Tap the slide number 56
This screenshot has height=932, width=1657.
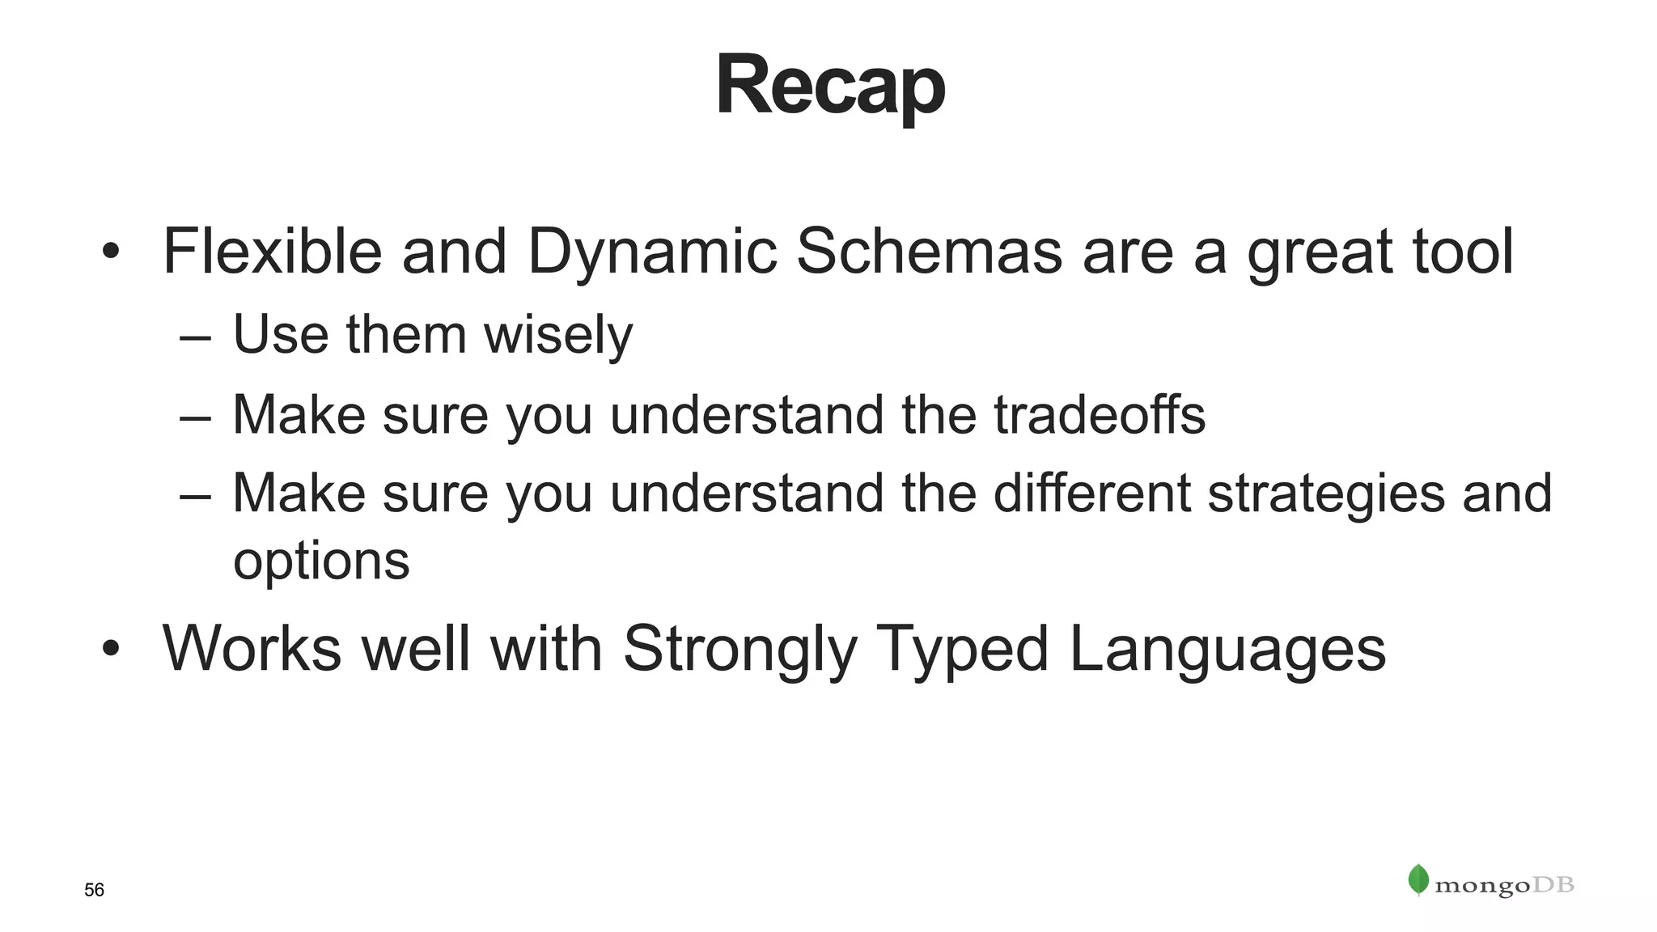point(94,890)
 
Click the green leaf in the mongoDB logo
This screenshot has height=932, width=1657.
point(1418,879)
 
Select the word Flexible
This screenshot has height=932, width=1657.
point(272,251)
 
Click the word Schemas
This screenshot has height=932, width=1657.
point(929,251)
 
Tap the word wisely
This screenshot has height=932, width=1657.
point(558,334)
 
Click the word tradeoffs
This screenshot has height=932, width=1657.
point(1099,414)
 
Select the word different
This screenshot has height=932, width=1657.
point(1091,493)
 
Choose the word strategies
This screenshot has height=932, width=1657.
point(1326,494)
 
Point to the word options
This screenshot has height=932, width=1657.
point(321,561)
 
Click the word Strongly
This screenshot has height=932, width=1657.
point(740,649)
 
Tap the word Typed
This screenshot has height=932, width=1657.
point(963,649)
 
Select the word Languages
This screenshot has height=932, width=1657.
point(1227,649)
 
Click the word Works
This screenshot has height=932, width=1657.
point(252,649)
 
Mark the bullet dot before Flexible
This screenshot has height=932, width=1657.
point(111,251)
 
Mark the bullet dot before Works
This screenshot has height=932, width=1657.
point(111,648)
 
